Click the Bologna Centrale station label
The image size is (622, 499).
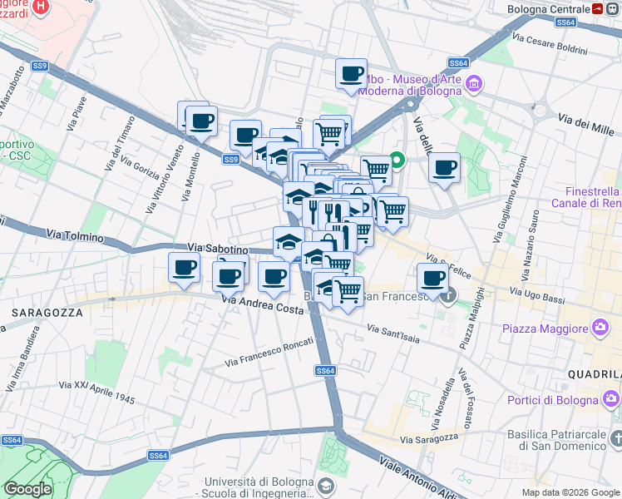point(548,8)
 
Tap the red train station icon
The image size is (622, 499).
point(600,8)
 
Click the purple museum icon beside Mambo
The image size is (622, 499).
point(474,82)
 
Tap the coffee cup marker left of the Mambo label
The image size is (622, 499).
point(351,73)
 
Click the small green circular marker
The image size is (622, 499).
point(397,160)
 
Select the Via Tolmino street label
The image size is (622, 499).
point(75,236)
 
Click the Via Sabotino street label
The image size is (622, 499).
point(218,248)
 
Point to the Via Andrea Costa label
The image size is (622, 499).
point(262,308)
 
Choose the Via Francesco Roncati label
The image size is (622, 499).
point(269,353)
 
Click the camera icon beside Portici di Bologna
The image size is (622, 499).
point(613,401)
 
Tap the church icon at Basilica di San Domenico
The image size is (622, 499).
point(615,437)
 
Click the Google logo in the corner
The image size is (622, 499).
point(27,489)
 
